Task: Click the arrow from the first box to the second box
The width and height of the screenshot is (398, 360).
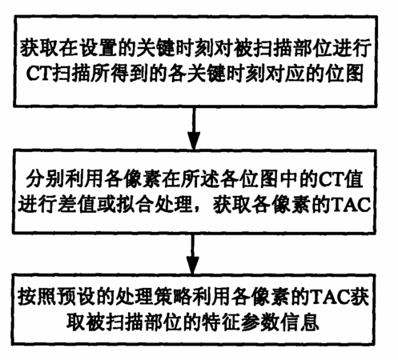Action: tap(194, 128)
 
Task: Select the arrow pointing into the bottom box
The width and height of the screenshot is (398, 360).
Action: tap(192, 254)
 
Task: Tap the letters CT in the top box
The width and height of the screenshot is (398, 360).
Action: tap(38, 73)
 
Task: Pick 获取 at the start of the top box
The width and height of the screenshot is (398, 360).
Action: tap(38, 48)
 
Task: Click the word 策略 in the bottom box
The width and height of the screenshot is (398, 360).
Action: tap(174, 297)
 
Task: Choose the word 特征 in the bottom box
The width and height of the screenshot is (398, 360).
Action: tap(219, 322)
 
